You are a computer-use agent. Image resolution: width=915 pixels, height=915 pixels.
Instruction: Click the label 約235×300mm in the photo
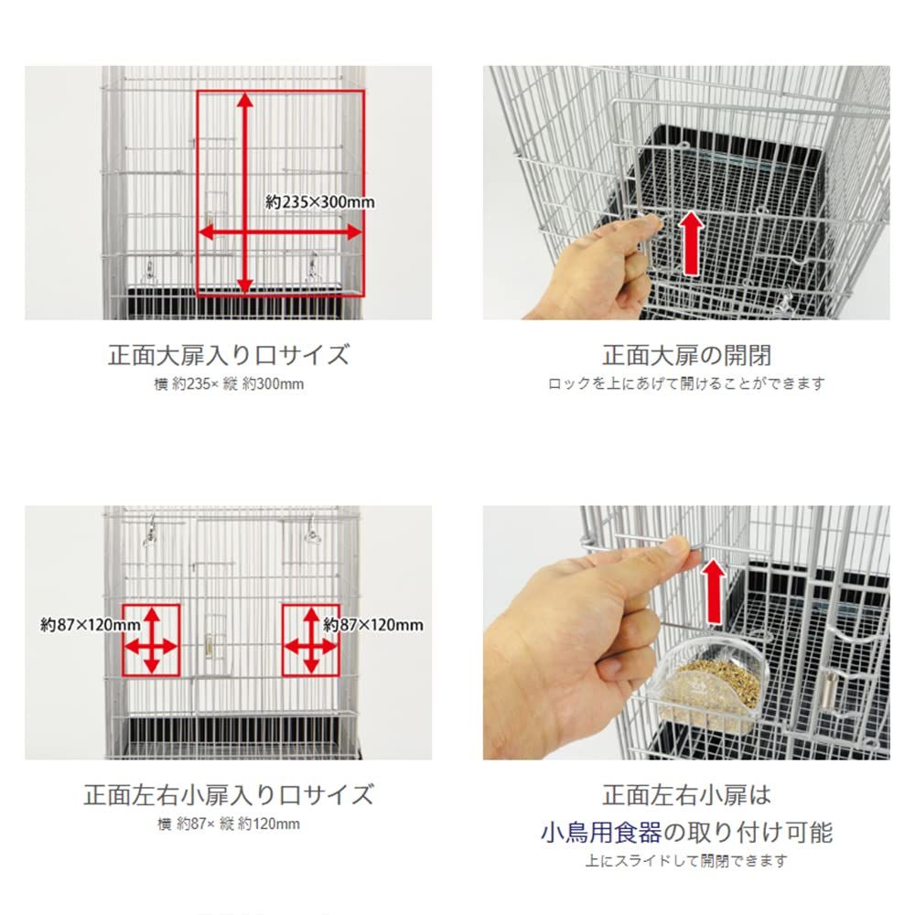[x=319, y=203]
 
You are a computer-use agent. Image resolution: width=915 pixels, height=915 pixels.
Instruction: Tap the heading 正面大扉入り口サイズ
[x=228, y=354]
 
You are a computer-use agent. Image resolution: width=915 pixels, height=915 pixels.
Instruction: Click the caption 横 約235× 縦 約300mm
[x=228, y=383]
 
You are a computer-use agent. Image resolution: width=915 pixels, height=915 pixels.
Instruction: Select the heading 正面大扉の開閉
[x=686, y=354]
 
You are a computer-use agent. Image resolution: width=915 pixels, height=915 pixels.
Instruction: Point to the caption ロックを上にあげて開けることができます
[x=686, y=383]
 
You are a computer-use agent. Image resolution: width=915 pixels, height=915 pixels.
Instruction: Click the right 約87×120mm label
[x=373, y=625]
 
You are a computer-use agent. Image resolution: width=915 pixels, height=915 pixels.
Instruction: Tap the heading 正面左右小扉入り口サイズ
[x=228, y=793]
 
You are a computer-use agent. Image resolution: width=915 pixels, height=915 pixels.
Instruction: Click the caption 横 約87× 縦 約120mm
[x=228, y=823]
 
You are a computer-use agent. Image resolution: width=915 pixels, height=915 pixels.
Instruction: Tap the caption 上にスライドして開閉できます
[x=686, y=861]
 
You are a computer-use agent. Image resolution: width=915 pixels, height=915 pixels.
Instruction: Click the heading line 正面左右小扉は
[x=686, y=794]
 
